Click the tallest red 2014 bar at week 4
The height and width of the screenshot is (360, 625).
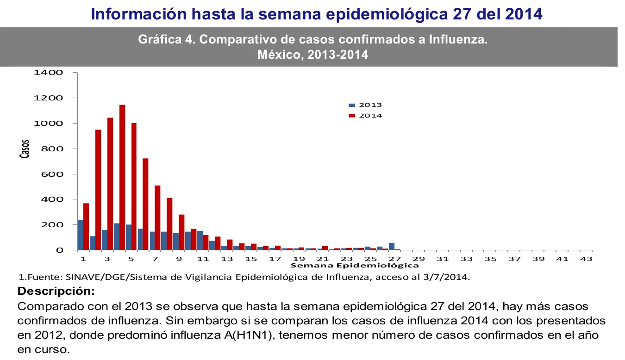122,177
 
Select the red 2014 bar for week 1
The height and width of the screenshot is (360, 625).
86,227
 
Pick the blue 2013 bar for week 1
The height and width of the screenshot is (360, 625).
81,235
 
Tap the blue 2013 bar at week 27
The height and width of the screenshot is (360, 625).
392,247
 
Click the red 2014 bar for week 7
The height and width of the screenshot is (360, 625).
158,218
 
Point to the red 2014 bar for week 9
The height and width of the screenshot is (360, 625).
181,232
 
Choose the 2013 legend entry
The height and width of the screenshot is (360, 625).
365,105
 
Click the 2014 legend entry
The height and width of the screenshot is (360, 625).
365,115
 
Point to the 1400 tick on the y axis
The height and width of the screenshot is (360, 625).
48,73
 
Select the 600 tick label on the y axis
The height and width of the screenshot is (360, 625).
52,174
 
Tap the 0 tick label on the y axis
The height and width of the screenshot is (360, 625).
60,250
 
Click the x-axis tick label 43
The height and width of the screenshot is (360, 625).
586,259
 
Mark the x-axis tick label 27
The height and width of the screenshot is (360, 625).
394,259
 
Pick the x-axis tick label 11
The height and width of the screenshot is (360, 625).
203,259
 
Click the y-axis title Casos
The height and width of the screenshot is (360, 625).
25,149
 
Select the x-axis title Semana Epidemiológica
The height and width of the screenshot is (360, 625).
355,266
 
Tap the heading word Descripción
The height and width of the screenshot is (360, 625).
56,291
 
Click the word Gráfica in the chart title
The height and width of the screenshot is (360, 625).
160,40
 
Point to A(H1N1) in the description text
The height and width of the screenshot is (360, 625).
248,335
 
